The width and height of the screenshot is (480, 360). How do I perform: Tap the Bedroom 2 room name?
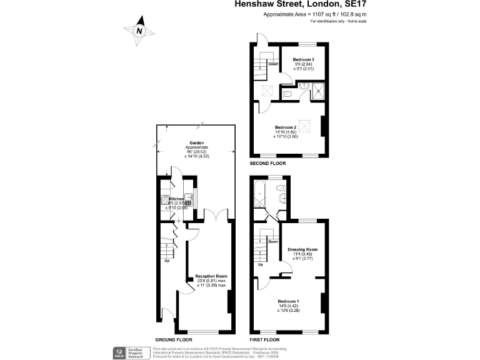pyautogui.click(x=285, y=127)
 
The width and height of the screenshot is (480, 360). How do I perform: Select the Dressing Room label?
pyautogui.click(x=302, y=249)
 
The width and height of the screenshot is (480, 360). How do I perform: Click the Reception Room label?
pyautogui.click(x=211, y=276)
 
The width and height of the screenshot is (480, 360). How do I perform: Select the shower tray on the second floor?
pyautogui.click(x=319, y=91)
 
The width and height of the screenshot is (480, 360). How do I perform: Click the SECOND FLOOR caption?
pyautogui.click(x=267, y=163)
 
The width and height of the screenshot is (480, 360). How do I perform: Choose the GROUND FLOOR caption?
pyautogui.click(x=173, y=339)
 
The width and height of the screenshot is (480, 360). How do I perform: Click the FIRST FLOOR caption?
pyautogui.click(x=264, y=339)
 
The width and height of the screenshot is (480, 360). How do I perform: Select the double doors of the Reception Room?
pyautogui.click(x=216, y=216)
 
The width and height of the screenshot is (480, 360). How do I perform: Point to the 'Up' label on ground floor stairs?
pyautogui.click(x=167, y=261)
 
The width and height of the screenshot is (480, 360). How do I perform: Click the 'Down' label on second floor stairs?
pyautogui.click(x=273, y=64)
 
